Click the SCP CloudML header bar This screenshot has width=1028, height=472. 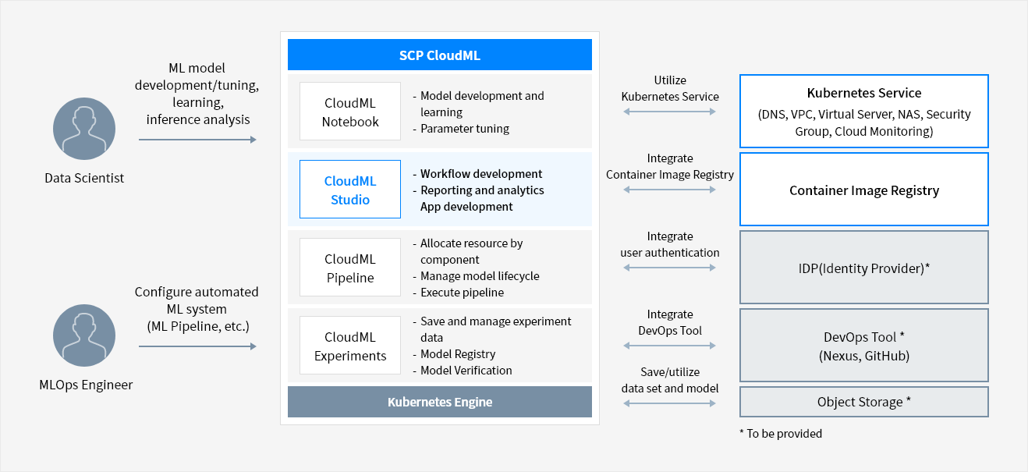coord(440,55)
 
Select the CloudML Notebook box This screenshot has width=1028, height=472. coord(350,111)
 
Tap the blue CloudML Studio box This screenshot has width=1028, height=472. coord(350,189)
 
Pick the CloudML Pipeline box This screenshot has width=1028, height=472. coord(350,268)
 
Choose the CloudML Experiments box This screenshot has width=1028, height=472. coord(350,346)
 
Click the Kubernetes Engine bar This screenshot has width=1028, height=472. coord(440,402)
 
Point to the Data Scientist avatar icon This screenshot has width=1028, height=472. coord(84,129)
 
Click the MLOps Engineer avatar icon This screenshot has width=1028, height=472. coord(84,335)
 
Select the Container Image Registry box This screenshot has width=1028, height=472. coord(864,189)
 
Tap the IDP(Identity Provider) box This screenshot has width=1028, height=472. coord(864,268)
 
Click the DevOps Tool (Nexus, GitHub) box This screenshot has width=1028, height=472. coord(864,346)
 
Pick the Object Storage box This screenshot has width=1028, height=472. coord(864,402)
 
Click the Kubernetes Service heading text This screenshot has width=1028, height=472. coord(864,93)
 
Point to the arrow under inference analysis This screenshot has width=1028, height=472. coord(197,140)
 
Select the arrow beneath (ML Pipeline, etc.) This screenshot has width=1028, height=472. coord(197,346)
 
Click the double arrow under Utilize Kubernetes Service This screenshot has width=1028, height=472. coord(669,112)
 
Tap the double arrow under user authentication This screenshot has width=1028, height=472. coord(669,268)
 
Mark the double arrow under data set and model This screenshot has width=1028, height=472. coord(669,403)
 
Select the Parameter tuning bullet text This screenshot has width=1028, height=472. coord(464,129)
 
